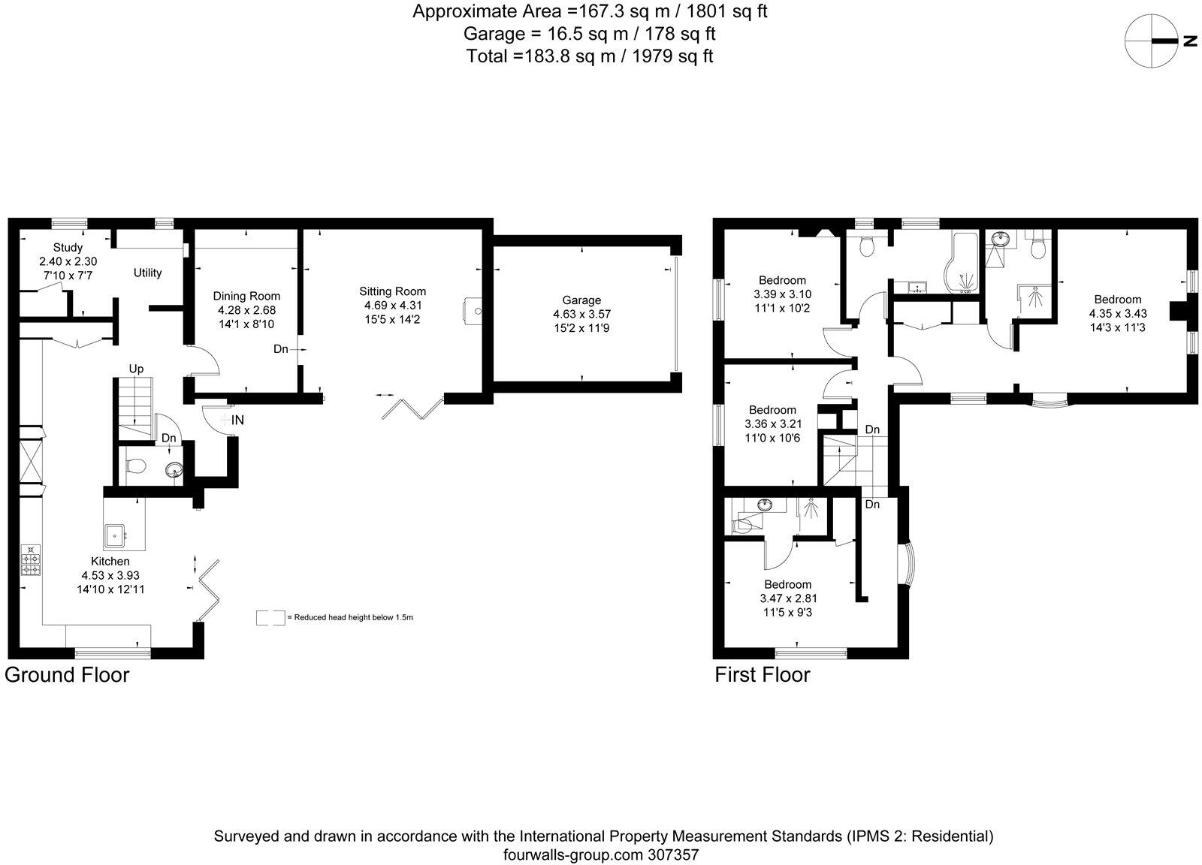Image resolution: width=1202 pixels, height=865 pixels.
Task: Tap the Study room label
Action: click(x=68, y=247)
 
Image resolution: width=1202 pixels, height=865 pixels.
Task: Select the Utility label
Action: click(x=147, y=273)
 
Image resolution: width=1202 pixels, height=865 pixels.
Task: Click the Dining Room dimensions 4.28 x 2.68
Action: click(x=246, y=309)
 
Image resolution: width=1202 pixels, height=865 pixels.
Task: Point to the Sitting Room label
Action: click(x=392, y=291)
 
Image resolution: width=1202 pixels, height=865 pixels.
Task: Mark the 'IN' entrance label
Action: click(x=237, y=420)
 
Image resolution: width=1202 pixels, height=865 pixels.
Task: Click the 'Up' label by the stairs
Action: click(x=136, y=369)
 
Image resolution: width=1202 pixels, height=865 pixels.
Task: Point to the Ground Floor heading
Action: click(x=67, y=674)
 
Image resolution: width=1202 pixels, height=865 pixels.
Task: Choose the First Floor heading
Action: click(x=762, y=674)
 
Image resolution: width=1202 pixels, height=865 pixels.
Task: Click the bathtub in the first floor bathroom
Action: click(x=964, y=267)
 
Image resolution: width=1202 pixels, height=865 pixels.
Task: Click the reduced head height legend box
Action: click(x=270, y=617)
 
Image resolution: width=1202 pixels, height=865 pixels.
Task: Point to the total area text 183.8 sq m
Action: click(x=589, y=56)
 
